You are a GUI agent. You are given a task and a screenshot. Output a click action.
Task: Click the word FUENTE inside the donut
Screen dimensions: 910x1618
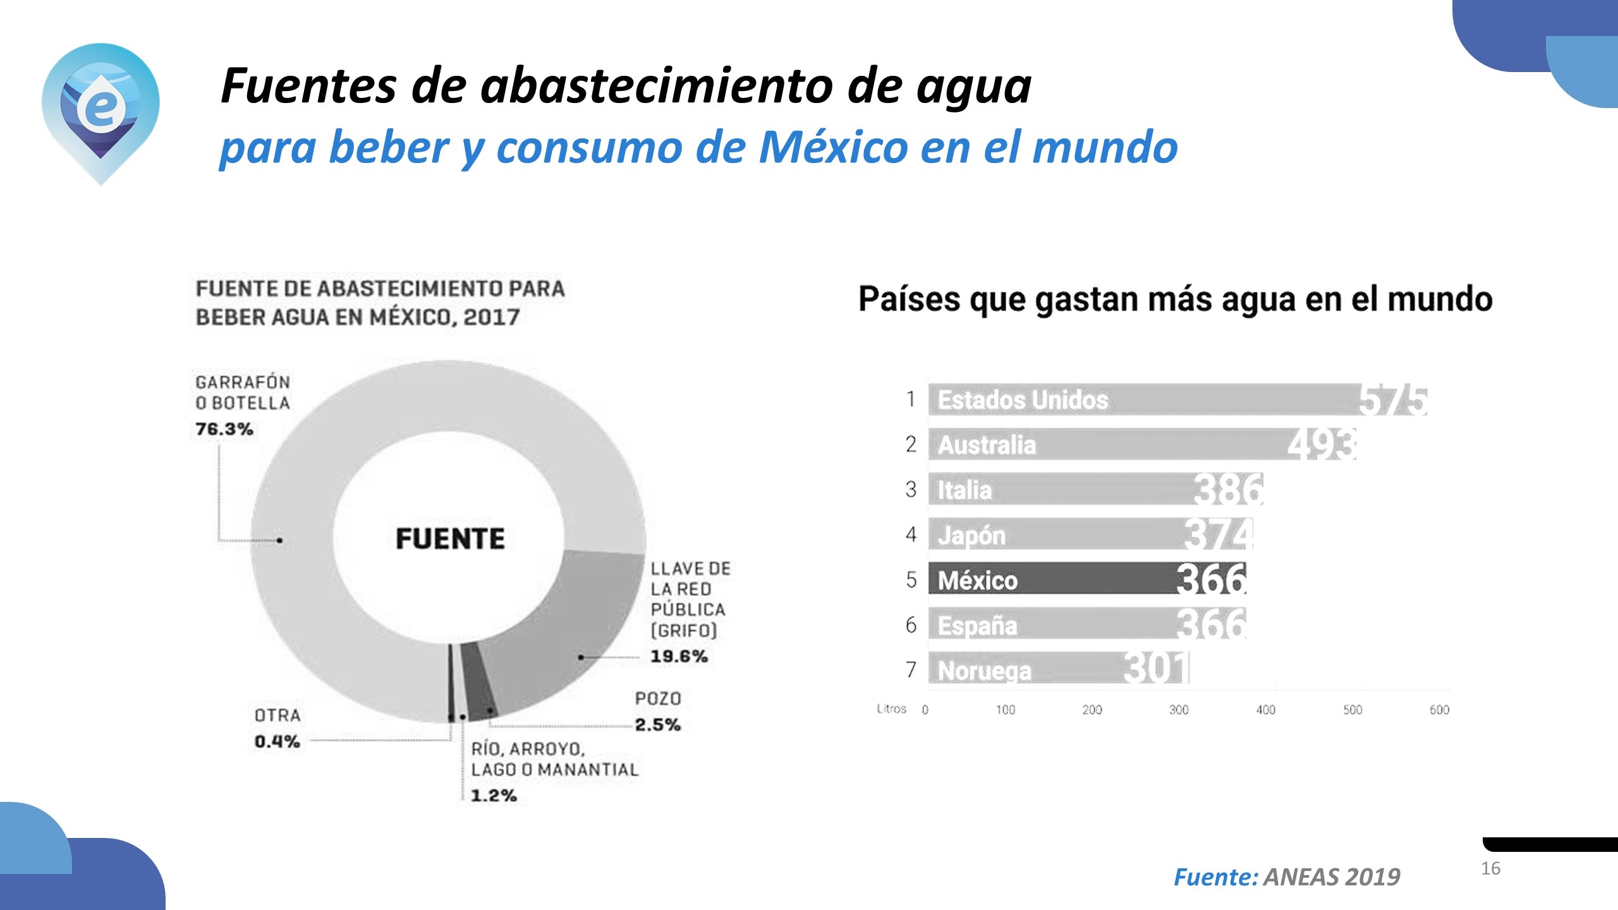pos(450,539)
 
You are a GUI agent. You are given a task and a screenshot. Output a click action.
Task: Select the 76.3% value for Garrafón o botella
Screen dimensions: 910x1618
pos(224,429)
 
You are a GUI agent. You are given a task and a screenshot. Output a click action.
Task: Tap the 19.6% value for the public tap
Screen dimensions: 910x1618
pos(679,657)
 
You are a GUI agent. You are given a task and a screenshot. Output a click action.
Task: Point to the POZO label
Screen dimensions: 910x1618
pos(658,698)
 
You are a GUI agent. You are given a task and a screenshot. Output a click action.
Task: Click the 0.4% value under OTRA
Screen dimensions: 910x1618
pos(277,741)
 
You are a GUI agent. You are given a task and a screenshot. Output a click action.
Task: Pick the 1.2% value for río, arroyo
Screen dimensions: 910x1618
pos(494,796)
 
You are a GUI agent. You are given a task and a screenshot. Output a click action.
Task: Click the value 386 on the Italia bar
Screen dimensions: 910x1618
pos(1229,489)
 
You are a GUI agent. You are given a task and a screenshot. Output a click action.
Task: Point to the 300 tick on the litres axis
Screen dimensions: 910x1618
pos(1179,710)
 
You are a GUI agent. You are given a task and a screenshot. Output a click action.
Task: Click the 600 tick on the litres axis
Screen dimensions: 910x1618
pos(1439,710)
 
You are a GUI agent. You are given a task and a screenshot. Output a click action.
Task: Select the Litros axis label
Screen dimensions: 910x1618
pos(891,709)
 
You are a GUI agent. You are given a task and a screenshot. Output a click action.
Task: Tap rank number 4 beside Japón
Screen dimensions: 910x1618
pos(911,535)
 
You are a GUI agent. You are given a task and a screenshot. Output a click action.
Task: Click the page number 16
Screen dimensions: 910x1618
pos(1490,868)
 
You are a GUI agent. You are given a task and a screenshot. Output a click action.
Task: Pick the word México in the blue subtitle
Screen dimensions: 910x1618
pos(833,147)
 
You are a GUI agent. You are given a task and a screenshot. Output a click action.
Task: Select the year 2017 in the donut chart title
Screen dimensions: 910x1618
pos(492,317)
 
